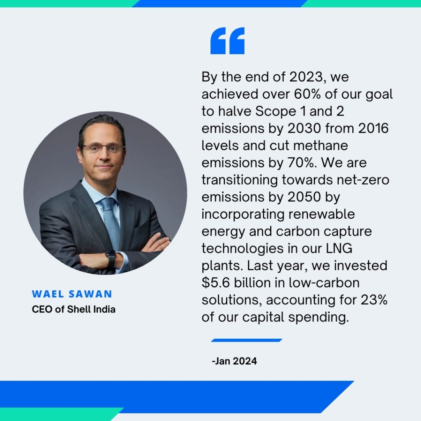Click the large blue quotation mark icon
tap(227, 41)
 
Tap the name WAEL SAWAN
tap(72, 294)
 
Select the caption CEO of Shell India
tap(74, 309)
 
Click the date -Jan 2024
tap(234, 361)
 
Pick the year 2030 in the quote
tap(304, 128)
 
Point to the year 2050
tap(304, 197)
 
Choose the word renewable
tap(322, 214)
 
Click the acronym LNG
tap(339, 248)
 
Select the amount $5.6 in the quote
tap(215, 283)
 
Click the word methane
tap(321, 146)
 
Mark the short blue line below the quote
tap(247, 340)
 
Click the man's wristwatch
tap(111, 259)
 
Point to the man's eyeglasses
tap(102, 148)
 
